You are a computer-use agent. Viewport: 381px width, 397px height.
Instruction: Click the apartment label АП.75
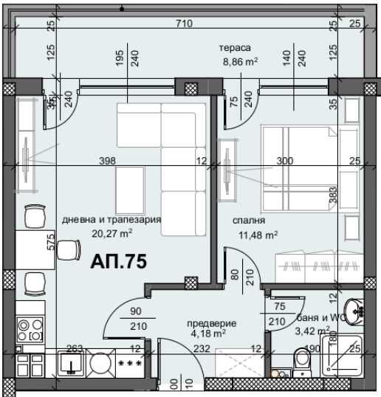pyautogui.click(x=119, y=261)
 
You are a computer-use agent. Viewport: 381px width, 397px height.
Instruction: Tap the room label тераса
pyautogui.click(x=233, y=49)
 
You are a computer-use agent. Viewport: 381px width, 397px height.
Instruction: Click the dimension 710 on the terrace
pyautogui.click(x=185, y=24)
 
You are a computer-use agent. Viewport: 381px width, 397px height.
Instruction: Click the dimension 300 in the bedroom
pyautogui.click(x=284, y=162)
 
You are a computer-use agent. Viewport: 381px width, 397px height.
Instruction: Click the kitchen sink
pyautogui.click(x=71, y=364)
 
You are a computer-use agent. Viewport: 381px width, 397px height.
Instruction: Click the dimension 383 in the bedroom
pyautogui.click(x=333, y=196)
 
